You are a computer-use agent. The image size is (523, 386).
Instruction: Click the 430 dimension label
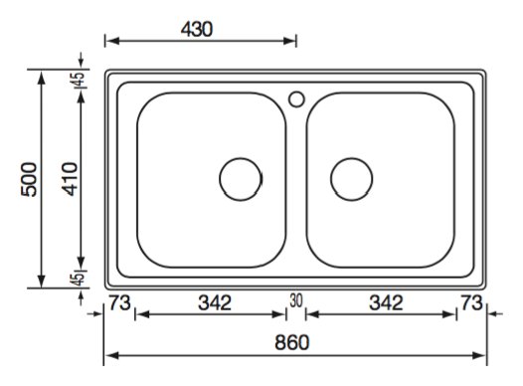click(197, 29)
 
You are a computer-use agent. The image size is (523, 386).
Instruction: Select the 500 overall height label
click(29, 179)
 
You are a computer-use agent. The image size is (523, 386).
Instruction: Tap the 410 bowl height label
click(70, 179)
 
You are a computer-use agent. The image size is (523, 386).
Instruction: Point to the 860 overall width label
click(292, 342)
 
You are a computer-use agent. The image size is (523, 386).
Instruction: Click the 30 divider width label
click(296, 300)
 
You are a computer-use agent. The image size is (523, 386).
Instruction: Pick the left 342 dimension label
click(215, 302)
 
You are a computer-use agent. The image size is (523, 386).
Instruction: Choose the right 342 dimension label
click(386, 302)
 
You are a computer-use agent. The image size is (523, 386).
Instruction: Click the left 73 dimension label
click(119, 302)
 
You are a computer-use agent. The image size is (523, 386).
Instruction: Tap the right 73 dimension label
click(471, 302)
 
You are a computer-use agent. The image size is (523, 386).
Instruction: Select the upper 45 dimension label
click(79, 80)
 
